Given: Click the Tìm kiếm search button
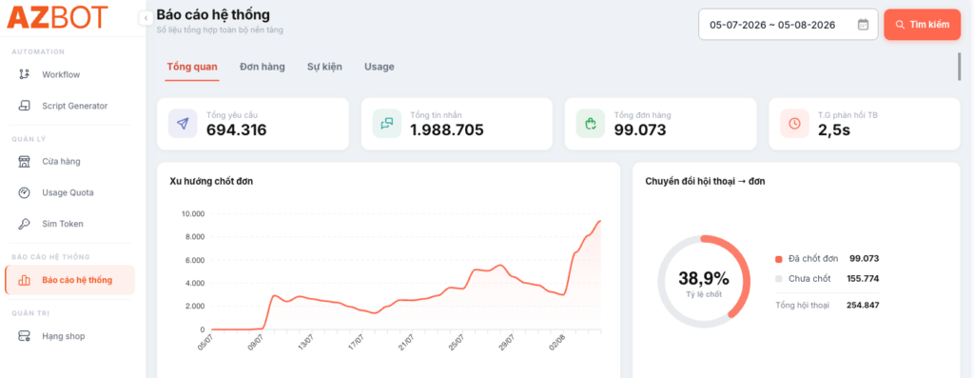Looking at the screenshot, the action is tap(923, 25).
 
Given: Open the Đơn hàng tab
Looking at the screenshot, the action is tap(263, 67).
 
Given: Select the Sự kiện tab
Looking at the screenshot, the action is tap(324, 67).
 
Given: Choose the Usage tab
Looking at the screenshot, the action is tap(379, 67).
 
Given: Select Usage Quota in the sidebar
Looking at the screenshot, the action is tap(68, 192).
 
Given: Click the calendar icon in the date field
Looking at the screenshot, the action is tap(863, 25).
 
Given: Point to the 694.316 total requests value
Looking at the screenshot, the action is tap(236, 129).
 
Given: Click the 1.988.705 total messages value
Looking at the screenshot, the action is tap(447, 129).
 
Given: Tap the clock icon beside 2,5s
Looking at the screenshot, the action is tap(794, 123).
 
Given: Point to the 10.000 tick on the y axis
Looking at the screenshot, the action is tap(192, 214).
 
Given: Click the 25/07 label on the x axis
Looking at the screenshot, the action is tap(456, 343).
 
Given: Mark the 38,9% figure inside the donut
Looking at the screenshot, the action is tap(704, 278).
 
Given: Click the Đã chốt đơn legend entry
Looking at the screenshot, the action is tap(807, 259).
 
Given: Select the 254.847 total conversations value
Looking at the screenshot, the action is tap(863, 306).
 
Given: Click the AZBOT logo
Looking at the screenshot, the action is tap(57, 17).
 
